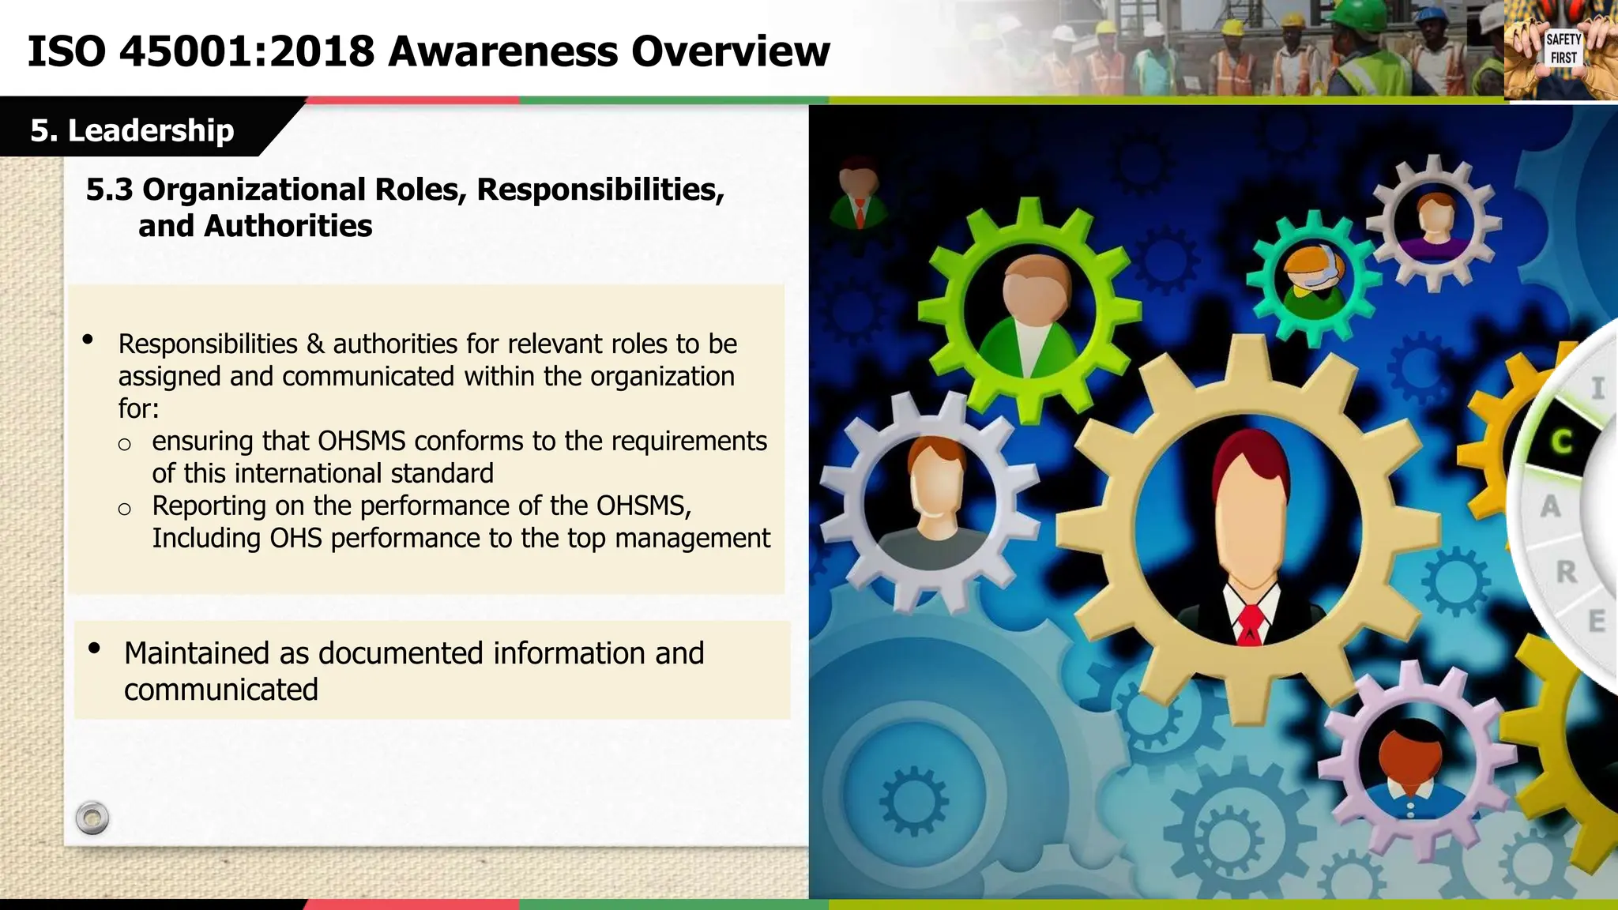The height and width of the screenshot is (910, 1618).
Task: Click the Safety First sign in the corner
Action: click(x=1563, y=49)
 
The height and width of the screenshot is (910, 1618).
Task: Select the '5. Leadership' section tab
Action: click(x=132, y=130)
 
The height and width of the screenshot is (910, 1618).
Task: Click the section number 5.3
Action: click(x=109, y=190)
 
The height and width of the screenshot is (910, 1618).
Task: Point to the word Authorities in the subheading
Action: click(x=288, y=226)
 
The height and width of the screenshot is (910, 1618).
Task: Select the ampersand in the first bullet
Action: click(x=314, y=344)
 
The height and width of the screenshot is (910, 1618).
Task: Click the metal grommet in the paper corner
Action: click(x=92, y=818)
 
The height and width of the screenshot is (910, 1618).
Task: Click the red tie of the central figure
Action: click(x=1250, y=623)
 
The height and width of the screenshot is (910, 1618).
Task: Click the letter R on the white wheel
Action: click(x=1566, y=571)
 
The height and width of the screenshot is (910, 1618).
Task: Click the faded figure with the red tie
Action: click(x=859, y=194)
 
